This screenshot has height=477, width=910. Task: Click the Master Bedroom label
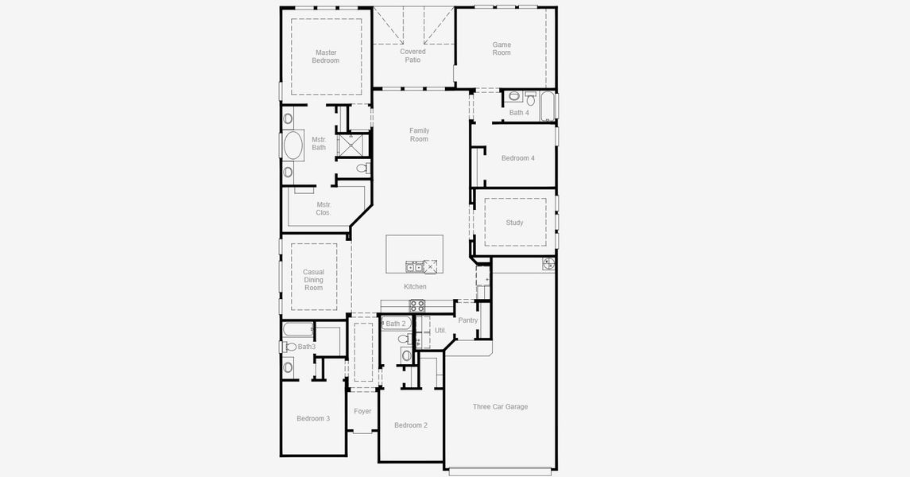pos(326,56)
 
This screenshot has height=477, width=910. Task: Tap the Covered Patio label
pos(412,56)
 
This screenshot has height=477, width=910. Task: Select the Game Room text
pos(502,48)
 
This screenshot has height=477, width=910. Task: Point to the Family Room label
pos(419,134)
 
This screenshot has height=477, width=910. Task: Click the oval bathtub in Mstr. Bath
pos(293,145)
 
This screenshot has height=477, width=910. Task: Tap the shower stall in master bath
pos(352,145)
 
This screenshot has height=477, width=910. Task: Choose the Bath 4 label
pos(520,113)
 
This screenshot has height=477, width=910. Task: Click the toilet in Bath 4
pos(530,98)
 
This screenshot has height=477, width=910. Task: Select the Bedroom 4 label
pos(518,158)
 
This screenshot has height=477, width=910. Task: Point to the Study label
pos(514,223)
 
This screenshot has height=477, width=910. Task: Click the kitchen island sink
pos(414,267)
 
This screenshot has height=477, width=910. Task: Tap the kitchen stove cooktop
pos(417,306)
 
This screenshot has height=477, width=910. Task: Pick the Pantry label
pos(468,320)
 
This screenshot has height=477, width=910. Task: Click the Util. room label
pos(440,330)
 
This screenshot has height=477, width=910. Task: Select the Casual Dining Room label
pos(313,280)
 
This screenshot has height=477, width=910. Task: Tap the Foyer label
pos(362,412)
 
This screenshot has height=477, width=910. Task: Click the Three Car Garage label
pos(500,407)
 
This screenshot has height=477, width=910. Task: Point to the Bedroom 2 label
pos(411,425)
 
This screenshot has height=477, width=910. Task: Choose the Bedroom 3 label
pos(313,418)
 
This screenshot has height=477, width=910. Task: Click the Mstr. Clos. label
pos(323,208)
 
